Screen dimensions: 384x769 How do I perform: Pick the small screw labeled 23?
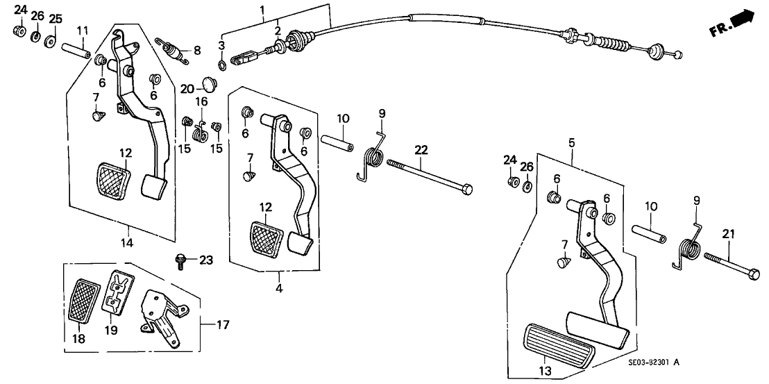click(180, 262)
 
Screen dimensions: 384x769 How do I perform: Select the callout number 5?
click(573, 142)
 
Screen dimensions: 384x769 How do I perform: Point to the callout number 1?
click(262, 9)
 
